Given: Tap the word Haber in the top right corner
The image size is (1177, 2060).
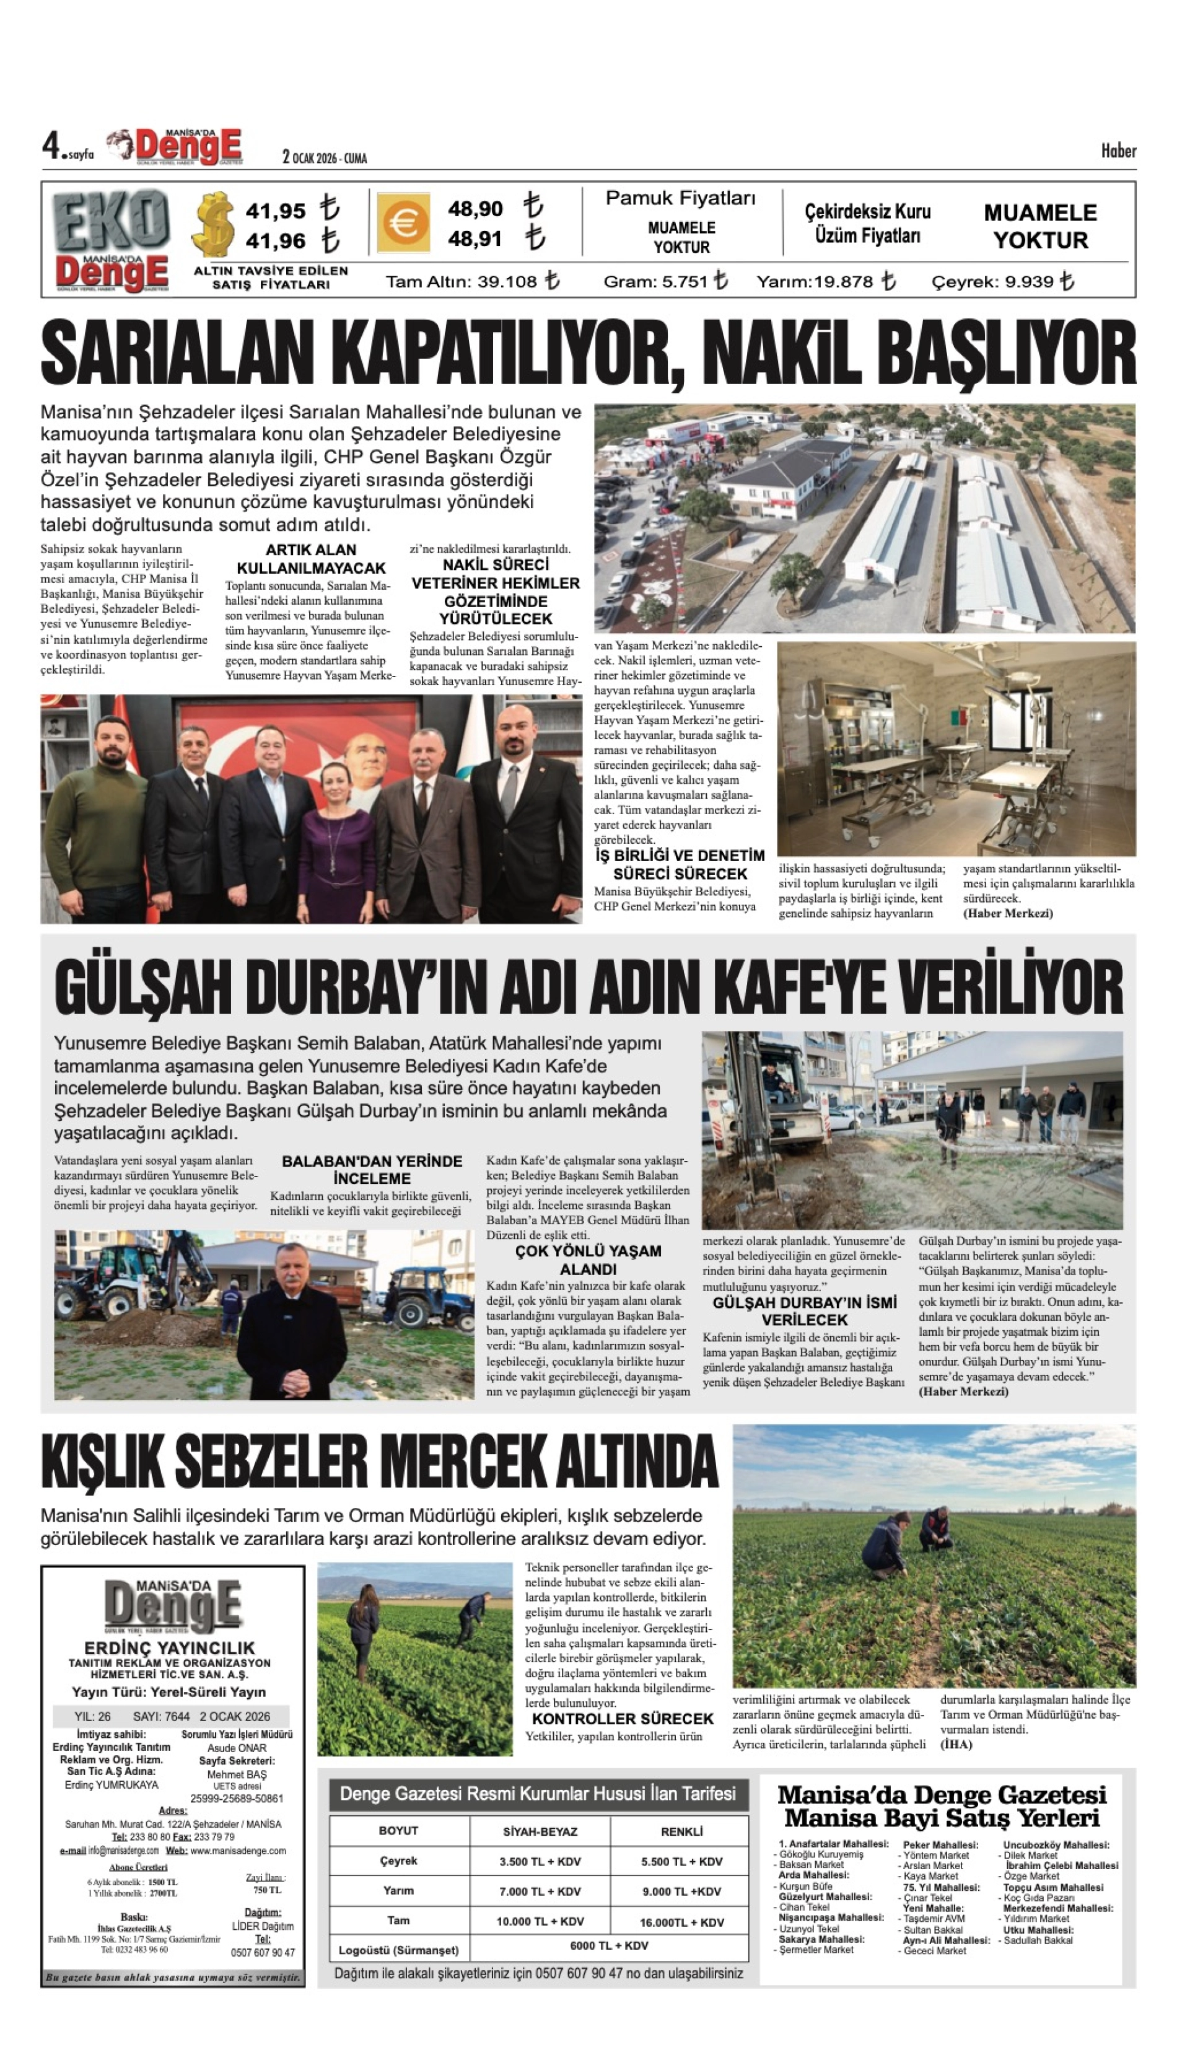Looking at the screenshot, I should [1118, 151].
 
